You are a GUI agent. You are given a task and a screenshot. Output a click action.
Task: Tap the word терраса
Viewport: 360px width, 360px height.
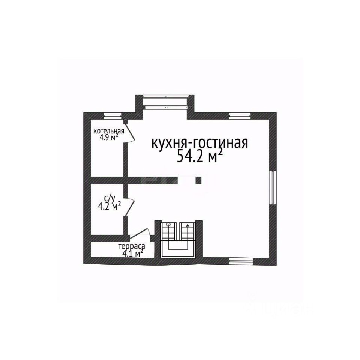point(131,247)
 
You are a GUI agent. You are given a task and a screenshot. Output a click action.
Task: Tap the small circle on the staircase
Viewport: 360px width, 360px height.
point(169,225)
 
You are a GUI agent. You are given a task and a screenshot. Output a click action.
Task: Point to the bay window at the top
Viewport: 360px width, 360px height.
point(165,102)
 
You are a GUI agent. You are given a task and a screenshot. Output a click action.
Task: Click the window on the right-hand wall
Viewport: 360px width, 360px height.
point(273,187)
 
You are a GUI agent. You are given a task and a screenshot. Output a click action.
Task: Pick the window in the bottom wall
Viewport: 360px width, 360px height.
point(240,260)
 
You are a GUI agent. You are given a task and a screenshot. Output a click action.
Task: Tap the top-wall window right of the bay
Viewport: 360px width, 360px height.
point(240,115)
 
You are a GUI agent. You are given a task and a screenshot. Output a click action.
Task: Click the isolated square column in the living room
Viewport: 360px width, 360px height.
point(198,180)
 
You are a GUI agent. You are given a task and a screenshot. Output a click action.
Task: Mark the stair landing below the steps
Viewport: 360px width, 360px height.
point(178,253)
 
